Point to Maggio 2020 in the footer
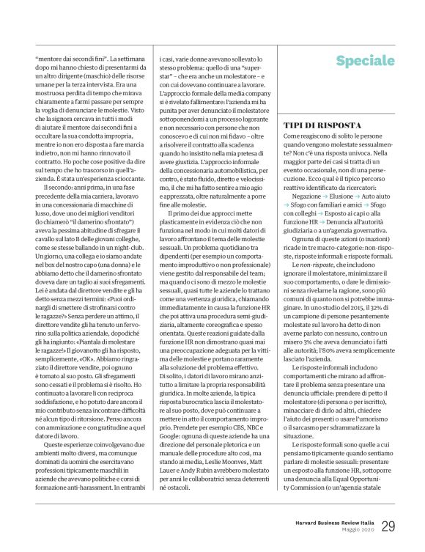[x=354, y=530]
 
